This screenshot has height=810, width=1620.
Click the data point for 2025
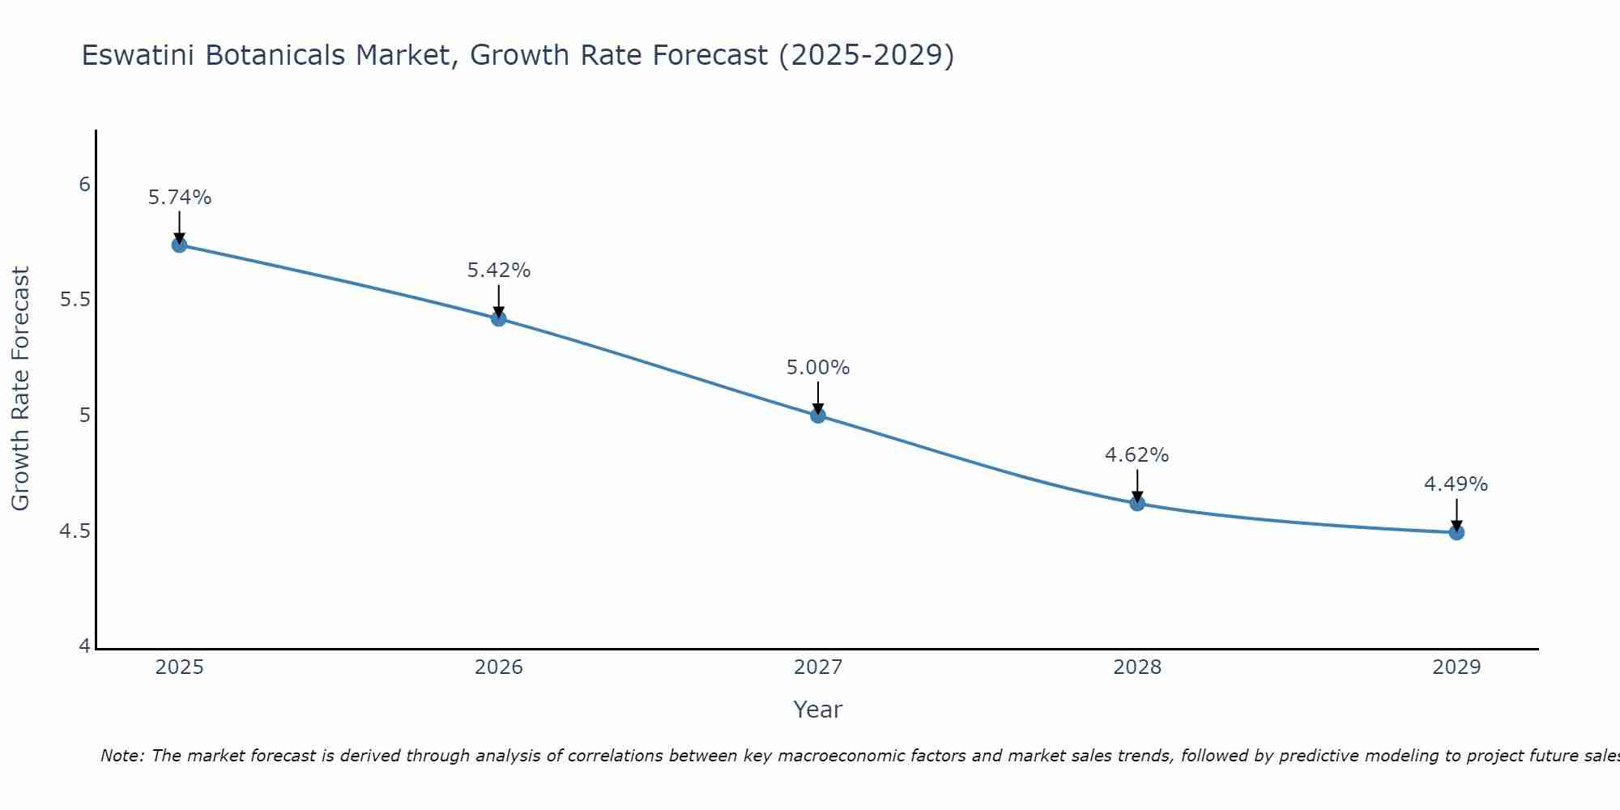click(x=180, y=245)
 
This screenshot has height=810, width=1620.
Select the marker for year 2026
click(x=499, y=318)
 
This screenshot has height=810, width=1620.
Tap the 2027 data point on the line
click(x=818, y=416)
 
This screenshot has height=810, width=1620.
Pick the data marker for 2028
click(x=1137, y=503)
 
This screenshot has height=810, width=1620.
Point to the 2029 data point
click(x=1456, y=532)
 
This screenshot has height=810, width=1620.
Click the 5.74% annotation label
click(x=180, y=198)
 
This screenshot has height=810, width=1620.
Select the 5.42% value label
click(x=499, y=271)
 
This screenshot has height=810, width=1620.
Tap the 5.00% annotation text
click(x=818, y=368)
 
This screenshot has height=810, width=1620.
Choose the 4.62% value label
click(x=1137, y=455)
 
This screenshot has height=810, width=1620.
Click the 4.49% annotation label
click(x=1456, y=484)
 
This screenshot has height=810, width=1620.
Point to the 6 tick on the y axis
click(x=84, y=185)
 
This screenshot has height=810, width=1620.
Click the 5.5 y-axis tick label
click(x=75, y=301)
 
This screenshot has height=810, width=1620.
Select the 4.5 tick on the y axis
click(x=75, y=531)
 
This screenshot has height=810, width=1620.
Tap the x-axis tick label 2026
click(x=499, y=667)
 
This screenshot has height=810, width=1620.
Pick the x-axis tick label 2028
click(x=1137, y=667)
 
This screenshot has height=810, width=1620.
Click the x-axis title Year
click(x=818, y=710)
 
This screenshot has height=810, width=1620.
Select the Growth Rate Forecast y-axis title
click(x=20, y=389)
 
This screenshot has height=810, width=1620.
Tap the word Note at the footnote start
click(x=122, y=756)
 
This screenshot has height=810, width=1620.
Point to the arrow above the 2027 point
click(x=818, y=397)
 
